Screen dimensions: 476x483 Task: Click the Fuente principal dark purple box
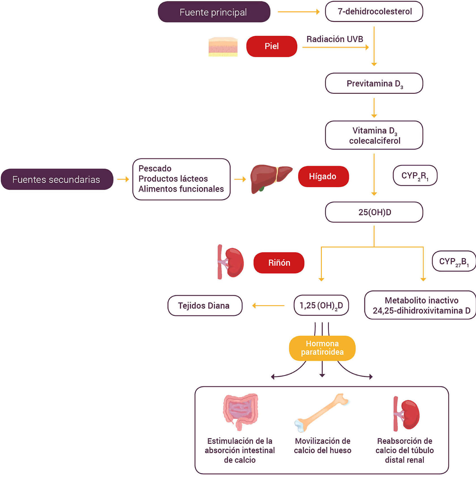click(x=214, y=12)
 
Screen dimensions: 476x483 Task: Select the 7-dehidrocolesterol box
click(x=374, y=11)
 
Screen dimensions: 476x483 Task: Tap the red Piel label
click(x=272, y=46)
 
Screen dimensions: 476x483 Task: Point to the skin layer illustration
click(x=223, y=47)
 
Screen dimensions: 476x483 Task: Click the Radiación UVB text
click(x=335, y=39)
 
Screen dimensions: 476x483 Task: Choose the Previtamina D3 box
click(x=374, y=83)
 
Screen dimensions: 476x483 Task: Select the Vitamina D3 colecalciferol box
click(x=374, y=135)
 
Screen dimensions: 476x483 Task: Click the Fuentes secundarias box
click(x=57, y=179)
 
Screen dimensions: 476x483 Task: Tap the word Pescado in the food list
click(x=155, y=168)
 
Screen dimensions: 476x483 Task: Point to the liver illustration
click(x=270, y=179)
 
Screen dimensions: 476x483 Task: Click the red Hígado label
click(x=323, y=176)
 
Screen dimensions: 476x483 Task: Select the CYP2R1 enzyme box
click(x=415, y=175)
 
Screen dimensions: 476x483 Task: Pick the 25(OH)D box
click(x=374, y=212)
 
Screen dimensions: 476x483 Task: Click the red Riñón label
click(x=279, y=263)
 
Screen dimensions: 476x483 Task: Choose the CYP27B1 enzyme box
click(x=454, y=261)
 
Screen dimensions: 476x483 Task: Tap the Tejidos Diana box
click(x=205, y=306)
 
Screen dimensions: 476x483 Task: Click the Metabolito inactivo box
click(x=420, y=305)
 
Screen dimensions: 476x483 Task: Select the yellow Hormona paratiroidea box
click(x=322, y=348)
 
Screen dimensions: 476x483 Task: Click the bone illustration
click(x=322, y=413)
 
